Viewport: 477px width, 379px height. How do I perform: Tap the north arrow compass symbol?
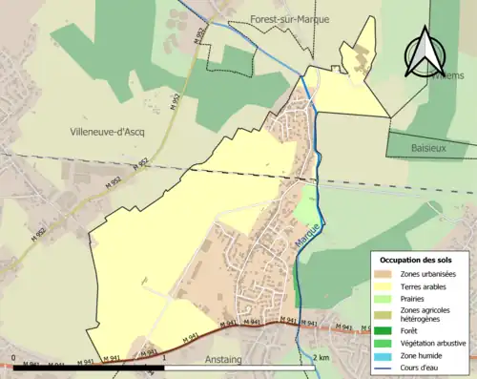tap(423, 53)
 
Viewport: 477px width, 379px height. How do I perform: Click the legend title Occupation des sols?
tap(416, 260)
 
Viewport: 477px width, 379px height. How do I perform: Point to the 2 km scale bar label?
tap(321, 359)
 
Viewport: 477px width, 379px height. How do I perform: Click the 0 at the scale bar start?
tap(13, 359)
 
